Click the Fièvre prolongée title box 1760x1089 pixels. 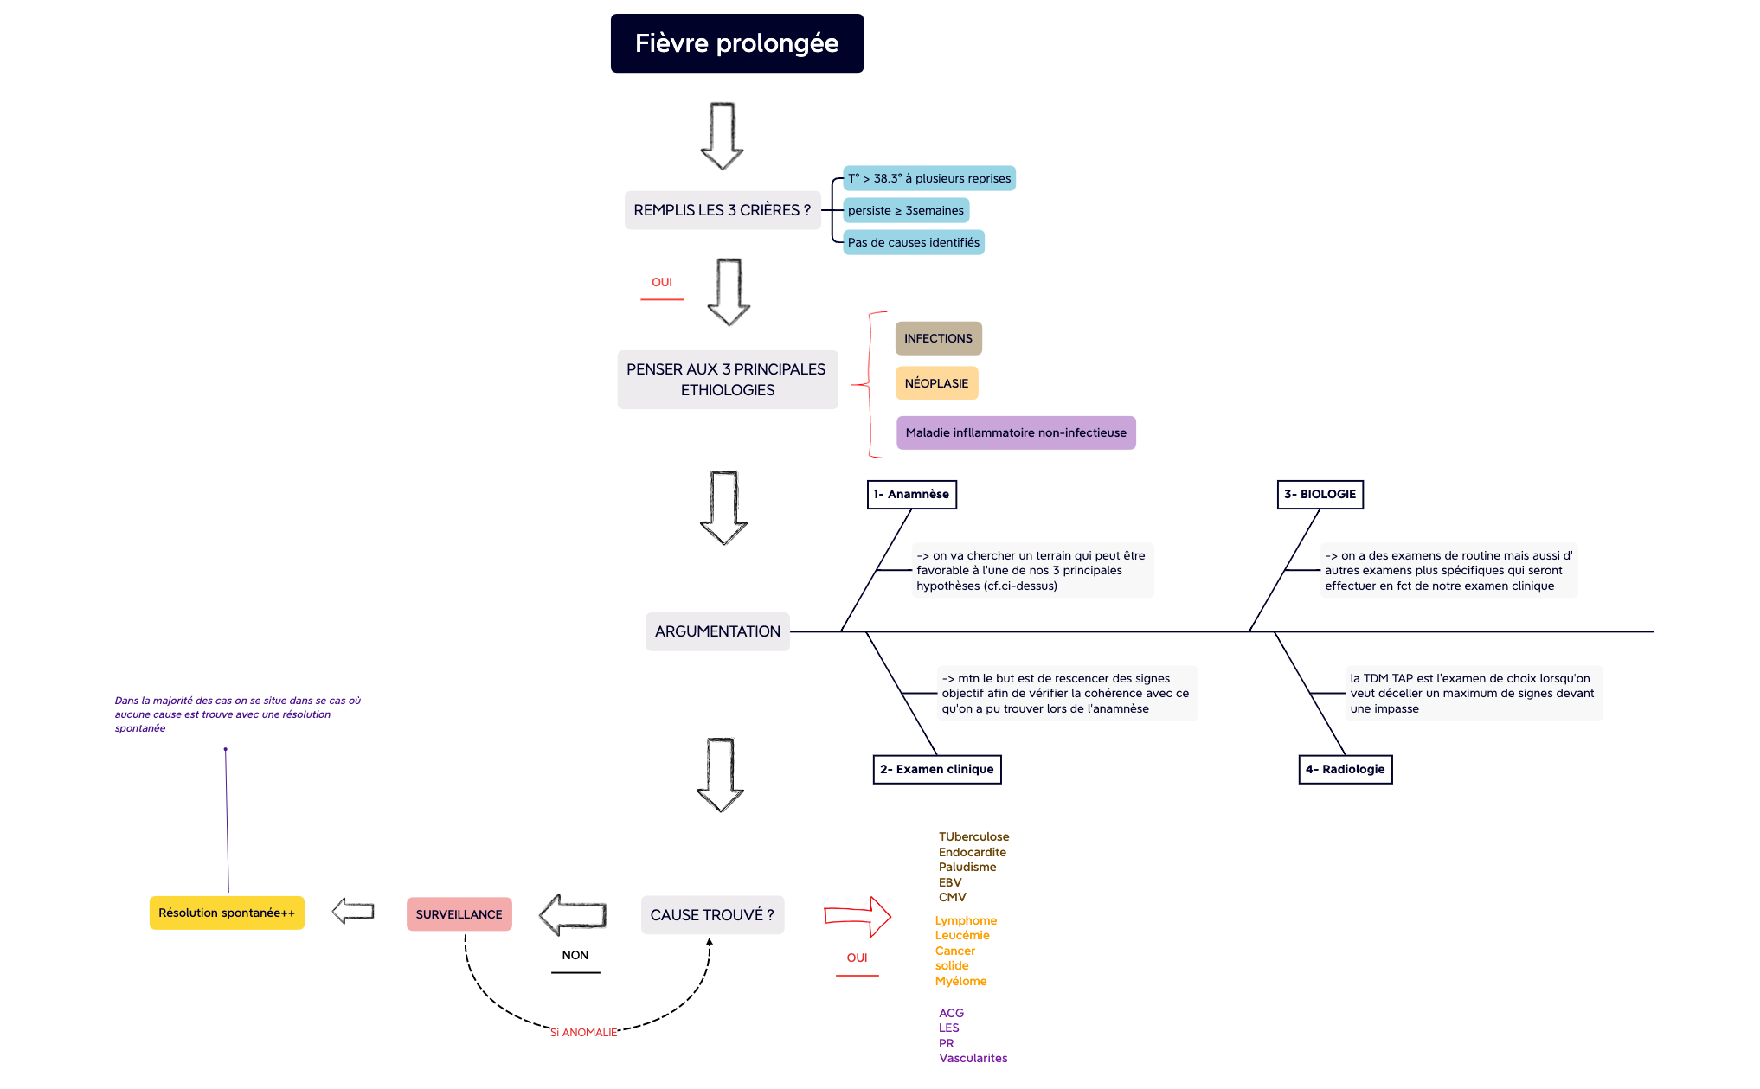(x=736, y=43)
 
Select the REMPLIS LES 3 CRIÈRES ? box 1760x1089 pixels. (x=722, y=210)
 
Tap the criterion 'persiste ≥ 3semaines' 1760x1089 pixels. (x=905, y=210)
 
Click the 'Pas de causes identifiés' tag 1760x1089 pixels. (x=913, y=242)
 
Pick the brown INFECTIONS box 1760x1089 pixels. (x=938, y=338)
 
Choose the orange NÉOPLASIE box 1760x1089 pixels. (x=936, y=383)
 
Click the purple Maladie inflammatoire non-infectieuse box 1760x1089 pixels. (x=1015, y=432)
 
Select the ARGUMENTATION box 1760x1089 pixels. (x=717, y=631)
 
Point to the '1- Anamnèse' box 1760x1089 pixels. (x=911, y=494)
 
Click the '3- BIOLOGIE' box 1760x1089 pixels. (x=1320, y=494)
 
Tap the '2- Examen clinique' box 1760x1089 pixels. (x=936, y=769)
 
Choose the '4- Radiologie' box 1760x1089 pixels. (x=1345, y=769)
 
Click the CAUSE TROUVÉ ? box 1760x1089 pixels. (x=712, y=915)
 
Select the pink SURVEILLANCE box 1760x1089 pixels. (x=459, y=914)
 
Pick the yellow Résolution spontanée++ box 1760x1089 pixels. (x=227, y=913)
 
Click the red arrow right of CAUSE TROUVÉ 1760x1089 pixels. (x=858, y=916)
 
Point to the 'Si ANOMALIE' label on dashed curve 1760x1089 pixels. (x=583, y=1032)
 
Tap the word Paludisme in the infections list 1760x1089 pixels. (x=967, y=867)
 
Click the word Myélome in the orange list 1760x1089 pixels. (x=960, y=981)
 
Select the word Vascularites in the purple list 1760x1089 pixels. (x=973, y=1058)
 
